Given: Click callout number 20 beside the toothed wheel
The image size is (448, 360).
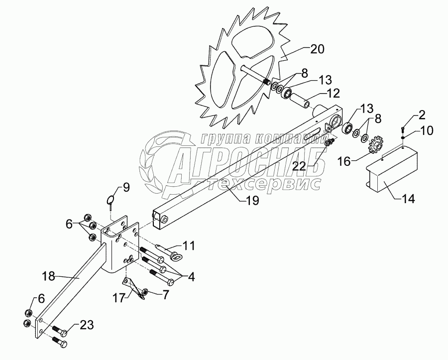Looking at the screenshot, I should click(317, 49).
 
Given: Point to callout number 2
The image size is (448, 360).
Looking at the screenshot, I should click(421, 116).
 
